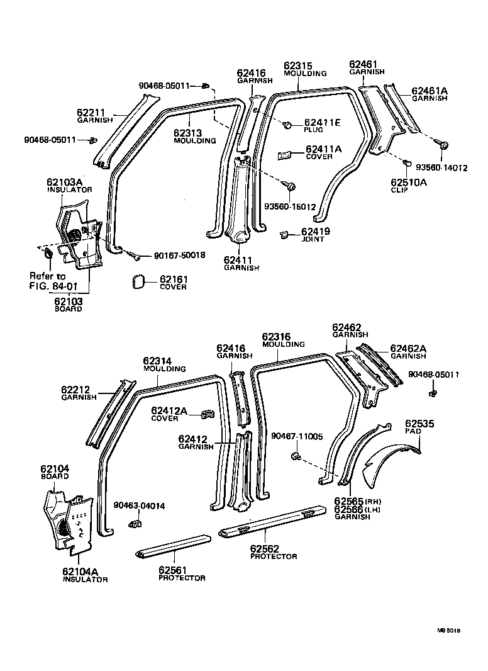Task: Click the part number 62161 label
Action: (173, 279)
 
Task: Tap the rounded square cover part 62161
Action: (140, 281)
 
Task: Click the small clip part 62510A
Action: (408, 164)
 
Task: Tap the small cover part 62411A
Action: (284, 154)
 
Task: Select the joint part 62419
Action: (284, 234)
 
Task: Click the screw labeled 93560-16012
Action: (291, 186)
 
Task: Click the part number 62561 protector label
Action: (174, 569)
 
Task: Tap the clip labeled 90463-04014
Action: (135, 522)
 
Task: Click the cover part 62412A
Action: (206, 414)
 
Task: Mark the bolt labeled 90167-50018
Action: (135, 255)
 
